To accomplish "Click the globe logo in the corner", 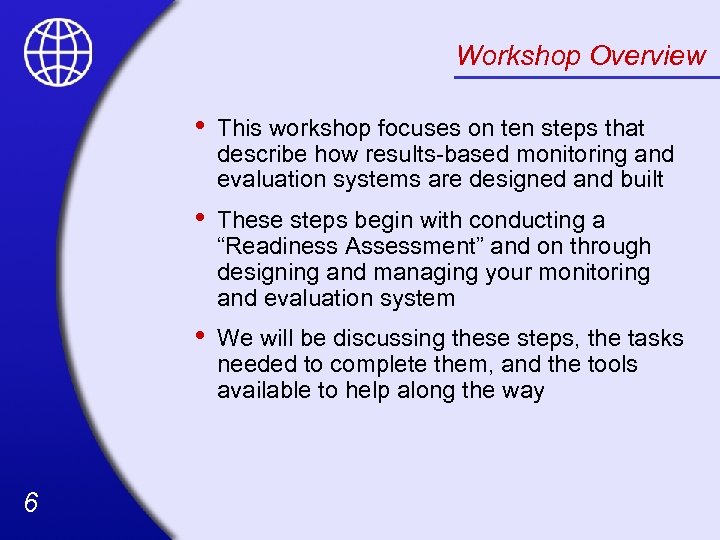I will point(58,52).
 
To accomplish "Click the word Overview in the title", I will point(647,55).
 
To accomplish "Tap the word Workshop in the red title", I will point(518,55).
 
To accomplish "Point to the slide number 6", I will point(31,503).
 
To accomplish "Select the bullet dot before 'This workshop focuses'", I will point(201,126).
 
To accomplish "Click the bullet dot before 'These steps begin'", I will point(201,218).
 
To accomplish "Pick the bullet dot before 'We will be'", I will point(201,336).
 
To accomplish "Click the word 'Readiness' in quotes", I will point(279,246).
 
